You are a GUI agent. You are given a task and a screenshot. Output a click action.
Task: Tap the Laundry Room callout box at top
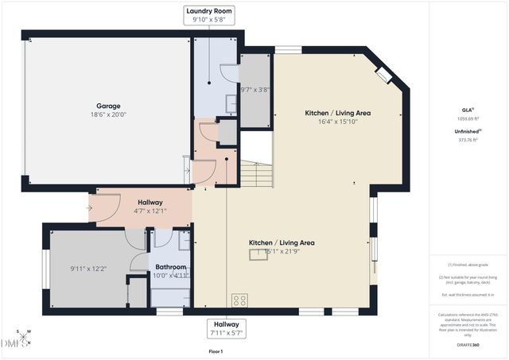click(x=209, y=15)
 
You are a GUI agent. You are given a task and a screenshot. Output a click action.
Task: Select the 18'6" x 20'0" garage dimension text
click(x=108, y=114)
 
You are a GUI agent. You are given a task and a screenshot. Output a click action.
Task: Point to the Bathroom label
click(x=170, y=267)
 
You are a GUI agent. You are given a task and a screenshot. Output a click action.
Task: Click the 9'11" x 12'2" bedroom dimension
click(x=87, y=269)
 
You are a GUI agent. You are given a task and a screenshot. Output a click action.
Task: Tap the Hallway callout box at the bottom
click(x=227, y=327)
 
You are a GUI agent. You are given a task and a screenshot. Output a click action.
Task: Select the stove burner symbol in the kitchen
click(x=239, y=300)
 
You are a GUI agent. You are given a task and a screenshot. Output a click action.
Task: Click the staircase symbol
click(x=257, y=173)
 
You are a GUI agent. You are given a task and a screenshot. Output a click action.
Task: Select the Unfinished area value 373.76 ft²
click(x=468, y=140)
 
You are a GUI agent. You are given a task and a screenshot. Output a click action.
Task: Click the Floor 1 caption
click(x=215, y=350)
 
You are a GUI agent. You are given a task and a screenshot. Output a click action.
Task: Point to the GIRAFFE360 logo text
click(x=468, y=346)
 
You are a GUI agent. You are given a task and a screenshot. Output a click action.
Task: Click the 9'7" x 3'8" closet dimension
click(x=255, y=91)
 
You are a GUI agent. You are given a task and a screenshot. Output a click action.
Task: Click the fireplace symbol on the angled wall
click(x=383, y=75)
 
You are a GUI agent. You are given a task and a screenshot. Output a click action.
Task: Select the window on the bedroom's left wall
click(x=45, y=269)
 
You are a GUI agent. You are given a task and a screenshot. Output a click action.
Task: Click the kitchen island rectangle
click(x=262, y=254)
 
